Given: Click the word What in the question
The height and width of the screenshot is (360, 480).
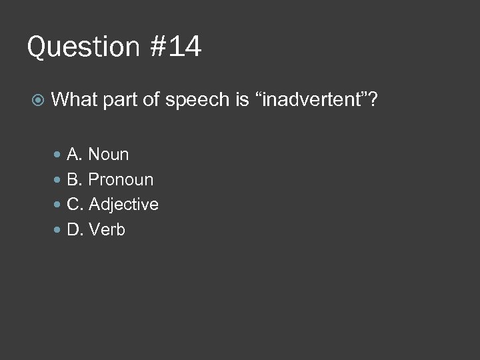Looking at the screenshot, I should click(74, 101).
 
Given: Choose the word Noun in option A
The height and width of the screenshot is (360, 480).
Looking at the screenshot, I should click(109, 155).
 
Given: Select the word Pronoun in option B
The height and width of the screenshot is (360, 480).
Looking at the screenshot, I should click(121, 180).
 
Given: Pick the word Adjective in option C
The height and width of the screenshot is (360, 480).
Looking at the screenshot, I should click(123, 205).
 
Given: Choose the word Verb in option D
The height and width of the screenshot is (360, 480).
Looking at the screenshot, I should click(107, 230).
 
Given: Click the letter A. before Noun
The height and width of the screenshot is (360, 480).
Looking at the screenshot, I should click(75, 155).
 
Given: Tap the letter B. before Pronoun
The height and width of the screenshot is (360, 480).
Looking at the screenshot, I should click(75, 180).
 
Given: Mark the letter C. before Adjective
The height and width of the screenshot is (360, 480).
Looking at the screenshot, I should click(75, 205).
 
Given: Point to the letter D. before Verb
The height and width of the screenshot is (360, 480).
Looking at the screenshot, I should click(75, 230).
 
